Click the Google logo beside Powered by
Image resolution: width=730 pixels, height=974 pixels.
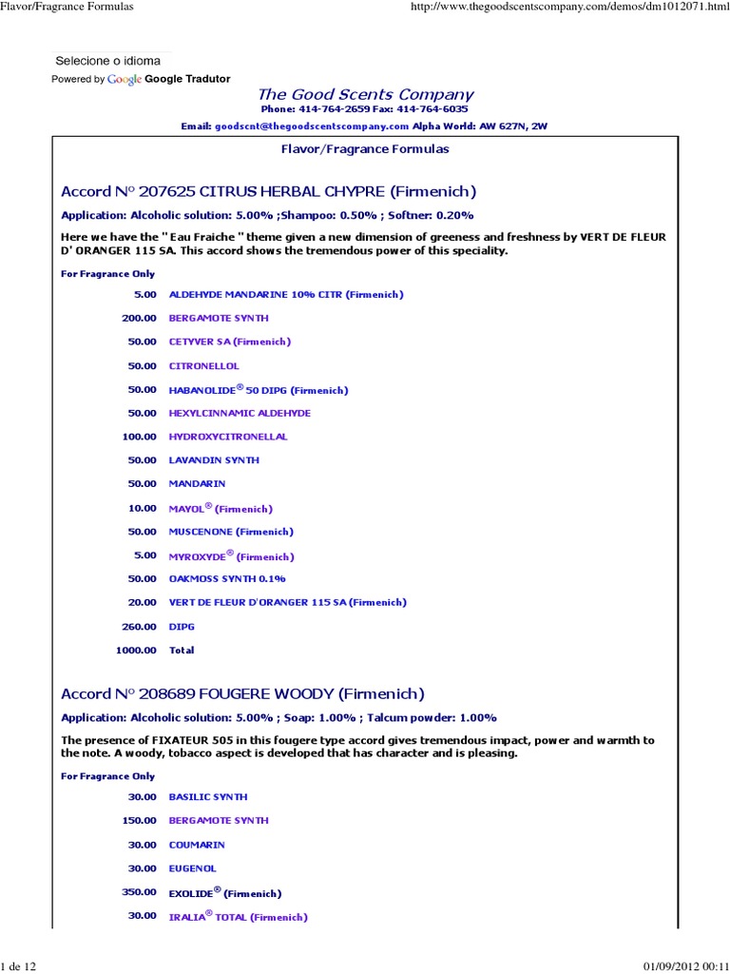click(125, 79)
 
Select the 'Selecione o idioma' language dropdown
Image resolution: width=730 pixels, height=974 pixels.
click(108, 61)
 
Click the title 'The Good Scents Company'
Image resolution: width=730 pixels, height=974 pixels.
click(365, 94)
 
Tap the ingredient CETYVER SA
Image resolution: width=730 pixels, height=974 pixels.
click(229, 341)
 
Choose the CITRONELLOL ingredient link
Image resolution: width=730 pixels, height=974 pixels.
click(204, 365)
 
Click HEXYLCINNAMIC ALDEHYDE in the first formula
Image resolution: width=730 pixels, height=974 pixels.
click(240, 413)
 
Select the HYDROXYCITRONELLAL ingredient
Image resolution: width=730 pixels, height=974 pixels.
click(228, 437)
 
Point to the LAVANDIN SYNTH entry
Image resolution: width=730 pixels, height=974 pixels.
click(214, 460)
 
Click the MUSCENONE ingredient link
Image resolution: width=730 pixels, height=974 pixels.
click(231, 532)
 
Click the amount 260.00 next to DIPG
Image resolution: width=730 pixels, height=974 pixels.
click(139, 627)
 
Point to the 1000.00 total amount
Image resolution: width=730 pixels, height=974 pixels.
click(136, 651)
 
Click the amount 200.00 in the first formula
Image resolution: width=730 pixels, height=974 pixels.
click(139, 318)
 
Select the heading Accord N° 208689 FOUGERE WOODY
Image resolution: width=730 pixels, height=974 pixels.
click(242, 693)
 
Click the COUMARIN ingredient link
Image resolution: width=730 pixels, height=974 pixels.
click(198, 845)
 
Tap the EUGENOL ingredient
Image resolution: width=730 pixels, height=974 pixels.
click(193, 868)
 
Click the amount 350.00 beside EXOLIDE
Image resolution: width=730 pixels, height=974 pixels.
click(139, 892)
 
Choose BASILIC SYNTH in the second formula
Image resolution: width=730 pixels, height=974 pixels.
click(207, 797)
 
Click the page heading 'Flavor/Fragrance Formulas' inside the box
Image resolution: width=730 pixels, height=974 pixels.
click(365, 149)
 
